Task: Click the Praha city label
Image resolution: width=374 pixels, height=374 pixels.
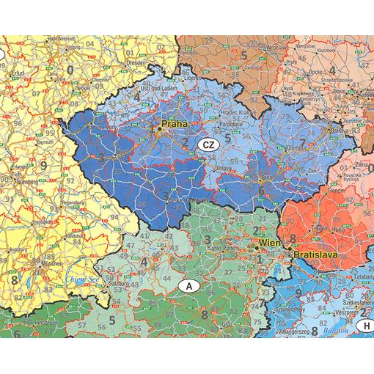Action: tap(175, 125)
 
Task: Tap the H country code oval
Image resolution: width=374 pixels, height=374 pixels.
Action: tap(364, 326)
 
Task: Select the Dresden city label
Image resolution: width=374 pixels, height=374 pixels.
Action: tap(136, 63)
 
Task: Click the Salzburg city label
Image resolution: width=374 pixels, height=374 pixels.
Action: tap(118, 283)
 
